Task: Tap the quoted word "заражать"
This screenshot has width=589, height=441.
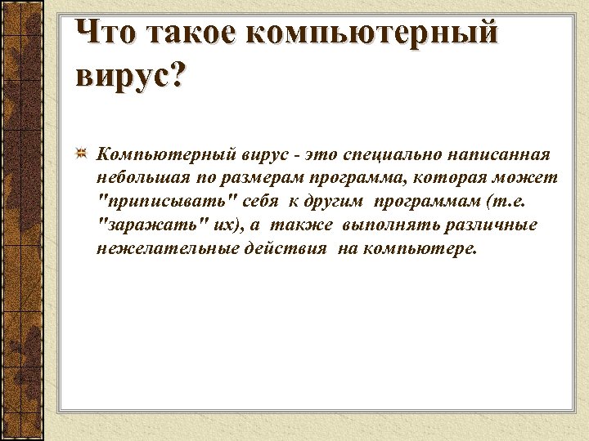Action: pos(144,225)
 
